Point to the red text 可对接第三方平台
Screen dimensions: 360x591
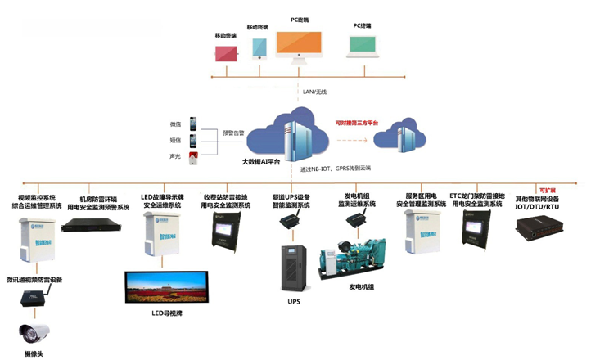356,122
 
